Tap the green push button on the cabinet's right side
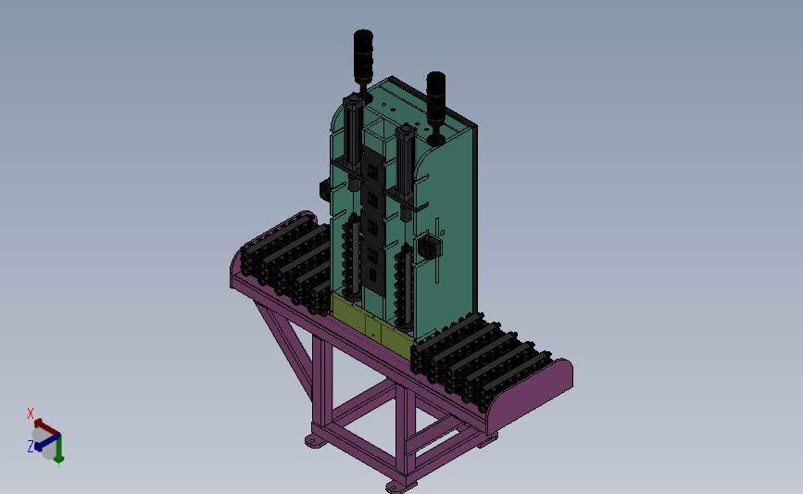pyautogui.click(x=428, y=247)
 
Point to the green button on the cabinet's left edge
pyautogui.click(x=325, y=192)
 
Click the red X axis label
pyautogui.click(x=31, y=413)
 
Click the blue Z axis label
pyautogui.click(x=31, y=447)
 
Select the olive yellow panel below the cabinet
pyautogui.click(x=372, y=325)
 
